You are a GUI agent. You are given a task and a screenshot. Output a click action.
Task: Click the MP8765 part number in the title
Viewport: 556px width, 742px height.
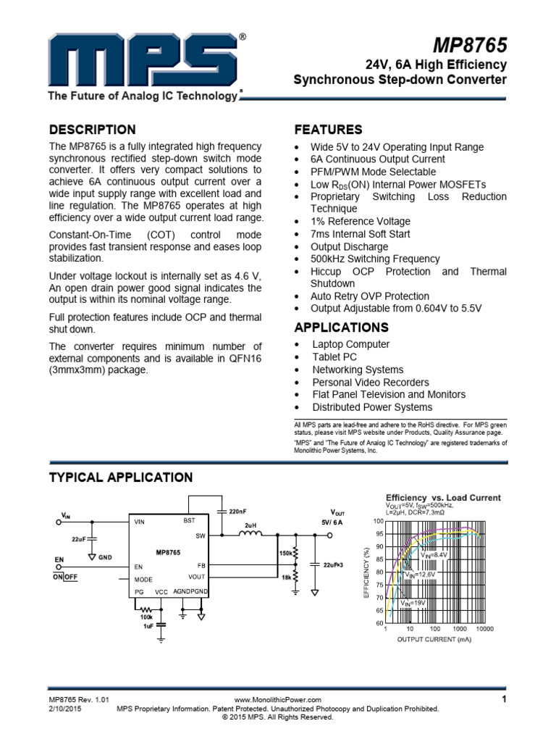(471, 46)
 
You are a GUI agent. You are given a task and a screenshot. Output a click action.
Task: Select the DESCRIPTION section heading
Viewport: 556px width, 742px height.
(92, 130)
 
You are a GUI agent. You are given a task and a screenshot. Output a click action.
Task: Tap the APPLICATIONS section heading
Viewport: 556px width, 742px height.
(342, 327)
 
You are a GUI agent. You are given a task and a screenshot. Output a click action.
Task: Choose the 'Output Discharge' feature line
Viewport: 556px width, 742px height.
(350, 246)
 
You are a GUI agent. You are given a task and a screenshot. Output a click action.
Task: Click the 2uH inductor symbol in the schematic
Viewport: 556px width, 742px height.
(250, 535)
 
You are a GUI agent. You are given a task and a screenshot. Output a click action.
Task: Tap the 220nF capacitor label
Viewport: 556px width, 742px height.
(237, 512)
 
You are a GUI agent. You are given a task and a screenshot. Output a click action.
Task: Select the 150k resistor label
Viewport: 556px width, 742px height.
(285, 553)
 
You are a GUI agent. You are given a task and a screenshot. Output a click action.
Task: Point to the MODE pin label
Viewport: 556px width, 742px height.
(143, 580)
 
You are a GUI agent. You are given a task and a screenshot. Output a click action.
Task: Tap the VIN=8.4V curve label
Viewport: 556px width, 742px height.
(434, 554)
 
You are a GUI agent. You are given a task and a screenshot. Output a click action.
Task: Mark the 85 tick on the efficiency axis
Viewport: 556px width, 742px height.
(378, 559)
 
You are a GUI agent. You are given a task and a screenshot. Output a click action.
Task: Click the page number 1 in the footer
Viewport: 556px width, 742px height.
(502, 699)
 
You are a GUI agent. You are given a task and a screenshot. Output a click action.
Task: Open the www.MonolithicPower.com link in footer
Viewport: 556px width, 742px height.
(278, 700)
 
